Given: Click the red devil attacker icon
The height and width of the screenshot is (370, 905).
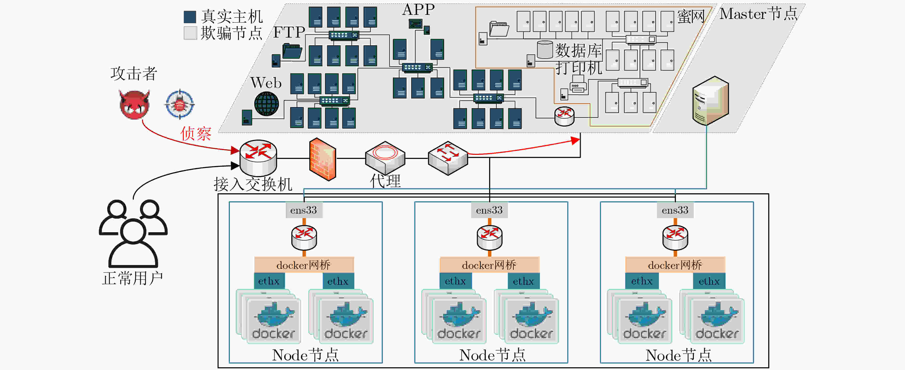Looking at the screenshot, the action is click(134, 104).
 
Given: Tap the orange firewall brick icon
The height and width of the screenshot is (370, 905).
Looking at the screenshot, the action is click(322, 159).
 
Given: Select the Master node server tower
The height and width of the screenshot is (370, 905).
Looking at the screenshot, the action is click(710, 101).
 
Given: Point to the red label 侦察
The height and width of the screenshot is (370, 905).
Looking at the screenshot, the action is click(196, 134).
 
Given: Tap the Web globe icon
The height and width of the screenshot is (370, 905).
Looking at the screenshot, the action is click(266, 104).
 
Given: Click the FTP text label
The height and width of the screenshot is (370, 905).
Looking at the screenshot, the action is click(289, 32).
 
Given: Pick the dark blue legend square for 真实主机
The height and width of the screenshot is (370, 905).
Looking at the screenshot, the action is click(190, 17).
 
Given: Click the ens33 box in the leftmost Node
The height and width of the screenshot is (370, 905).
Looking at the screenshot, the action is click(304, 210).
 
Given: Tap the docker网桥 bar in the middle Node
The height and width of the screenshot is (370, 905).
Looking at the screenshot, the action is click(489, 265).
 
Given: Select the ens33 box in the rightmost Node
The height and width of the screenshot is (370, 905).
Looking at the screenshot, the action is click(675, 210).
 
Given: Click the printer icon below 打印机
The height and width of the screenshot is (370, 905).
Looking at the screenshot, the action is click(578, 87).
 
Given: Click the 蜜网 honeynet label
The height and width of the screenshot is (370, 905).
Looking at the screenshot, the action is click(690, 16).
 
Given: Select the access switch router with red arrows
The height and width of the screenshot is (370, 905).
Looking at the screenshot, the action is click(258, 158).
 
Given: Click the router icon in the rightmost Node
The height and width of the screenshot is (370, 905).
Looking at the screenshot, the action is click(675, 238).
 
